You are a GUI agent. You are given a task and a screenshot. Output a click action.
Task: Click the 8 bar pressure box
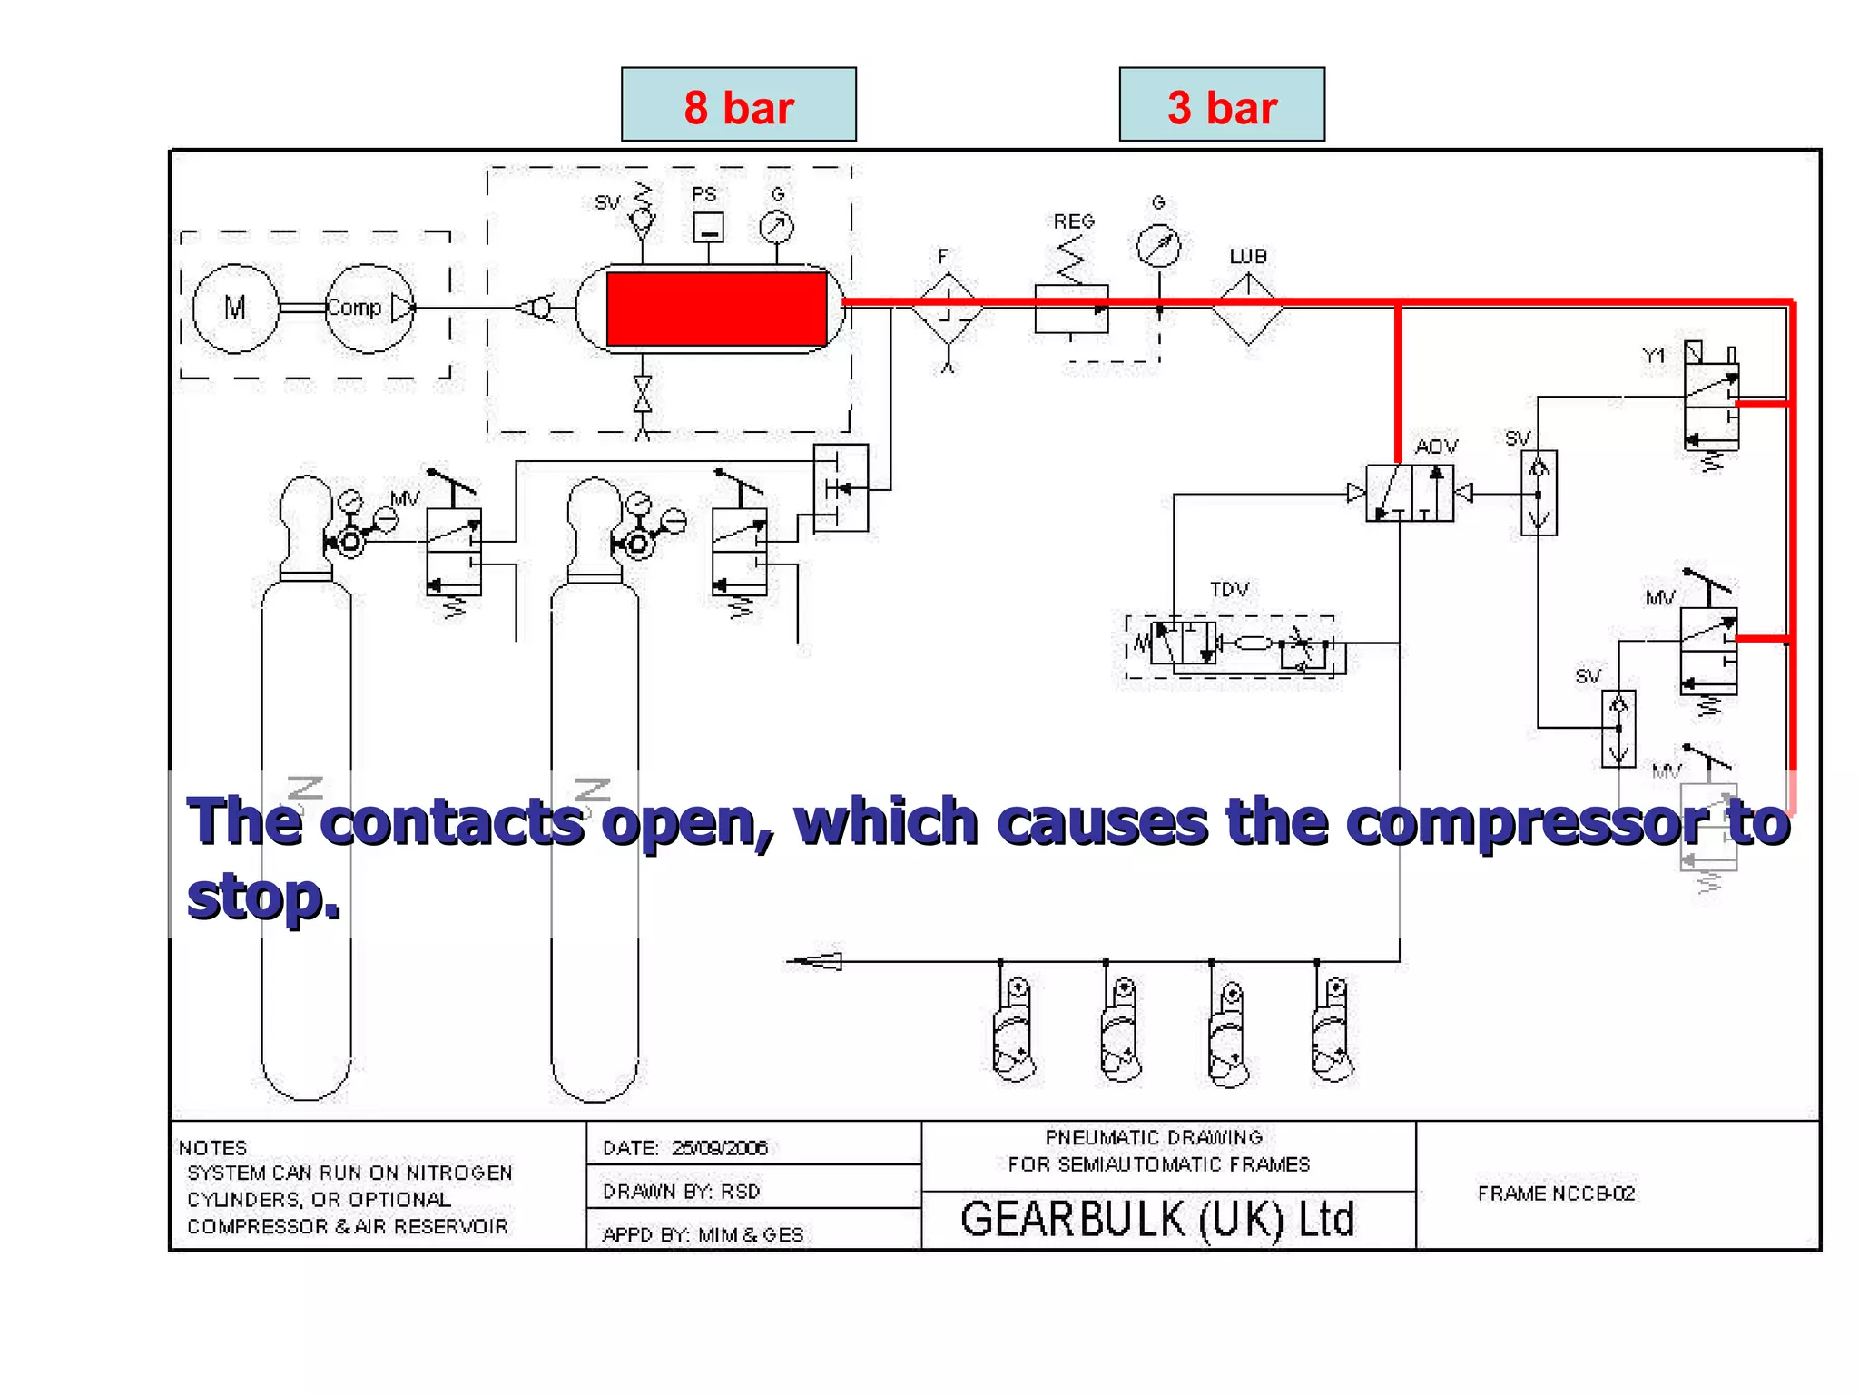click(738, 104)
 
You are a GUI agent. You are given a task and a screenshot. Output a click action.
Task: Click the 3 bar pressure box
click(1221, 104)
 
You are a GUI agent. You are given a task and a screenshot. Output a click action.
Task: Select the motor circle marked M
click(235, 309)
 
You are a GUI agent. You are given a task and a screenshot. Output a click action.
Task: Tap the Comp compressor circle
click(368, 309)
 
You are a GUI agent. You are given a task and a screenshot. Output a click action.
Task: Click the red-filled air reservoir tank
click(716, 309)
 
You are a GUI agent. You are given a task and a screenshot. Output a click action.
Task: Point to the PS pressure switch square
click(708, 227)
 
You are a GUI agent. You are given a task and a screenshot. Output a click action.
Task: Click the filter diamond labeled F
click(947, 309)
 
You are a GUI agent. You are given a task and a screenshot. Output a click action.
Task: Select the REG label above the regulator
click(1074, 221)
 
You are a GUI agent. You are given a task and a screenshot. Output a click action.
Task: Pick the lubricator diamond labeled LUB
click(1248, 309)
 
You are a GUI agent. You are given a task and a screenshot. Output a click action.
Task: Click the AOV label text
click(1436, 447)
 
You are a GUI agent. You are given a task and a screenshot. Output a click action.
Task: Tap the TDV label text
click(1229, 590)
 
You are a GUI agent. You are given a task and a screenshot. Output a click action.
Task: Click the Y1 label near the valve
click(1654, 356)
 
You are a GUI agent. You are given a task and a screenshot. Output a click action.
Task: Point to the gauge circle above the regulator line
click(1158, 245)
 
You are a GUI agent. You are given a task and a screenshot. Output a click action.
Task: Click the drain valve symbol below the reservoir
click(643, 395)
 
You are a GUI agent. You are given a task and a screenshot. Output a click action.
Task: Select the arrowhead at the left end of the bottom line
click(815, 961)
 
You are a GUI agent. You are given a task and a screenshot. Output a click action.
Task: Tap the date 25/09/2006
click(720, 1148)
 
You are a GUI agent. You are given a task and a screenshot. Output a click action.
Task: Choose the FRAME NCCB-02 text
click(1556, 1193)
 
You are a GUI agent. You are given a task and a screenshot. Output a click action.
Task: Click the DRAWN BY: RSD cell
click(682, 1192)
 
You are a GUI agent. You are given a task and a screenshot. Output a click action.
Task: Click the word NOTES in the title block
click(212, 1148)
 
